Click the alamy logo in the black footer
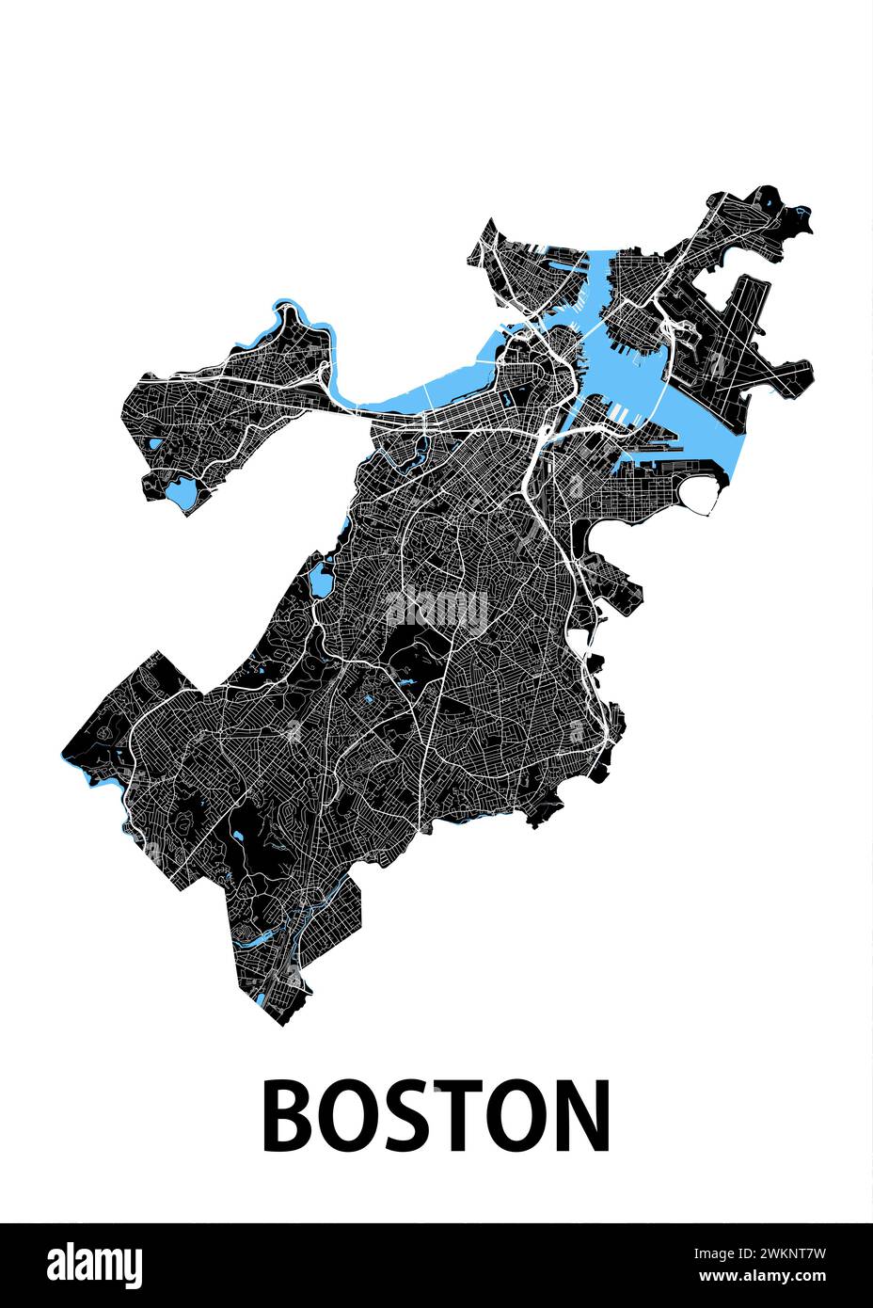click(95, 1264)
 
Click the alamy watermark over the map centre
click(436, 609)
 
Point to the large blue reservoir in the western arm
click(182, 492)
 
